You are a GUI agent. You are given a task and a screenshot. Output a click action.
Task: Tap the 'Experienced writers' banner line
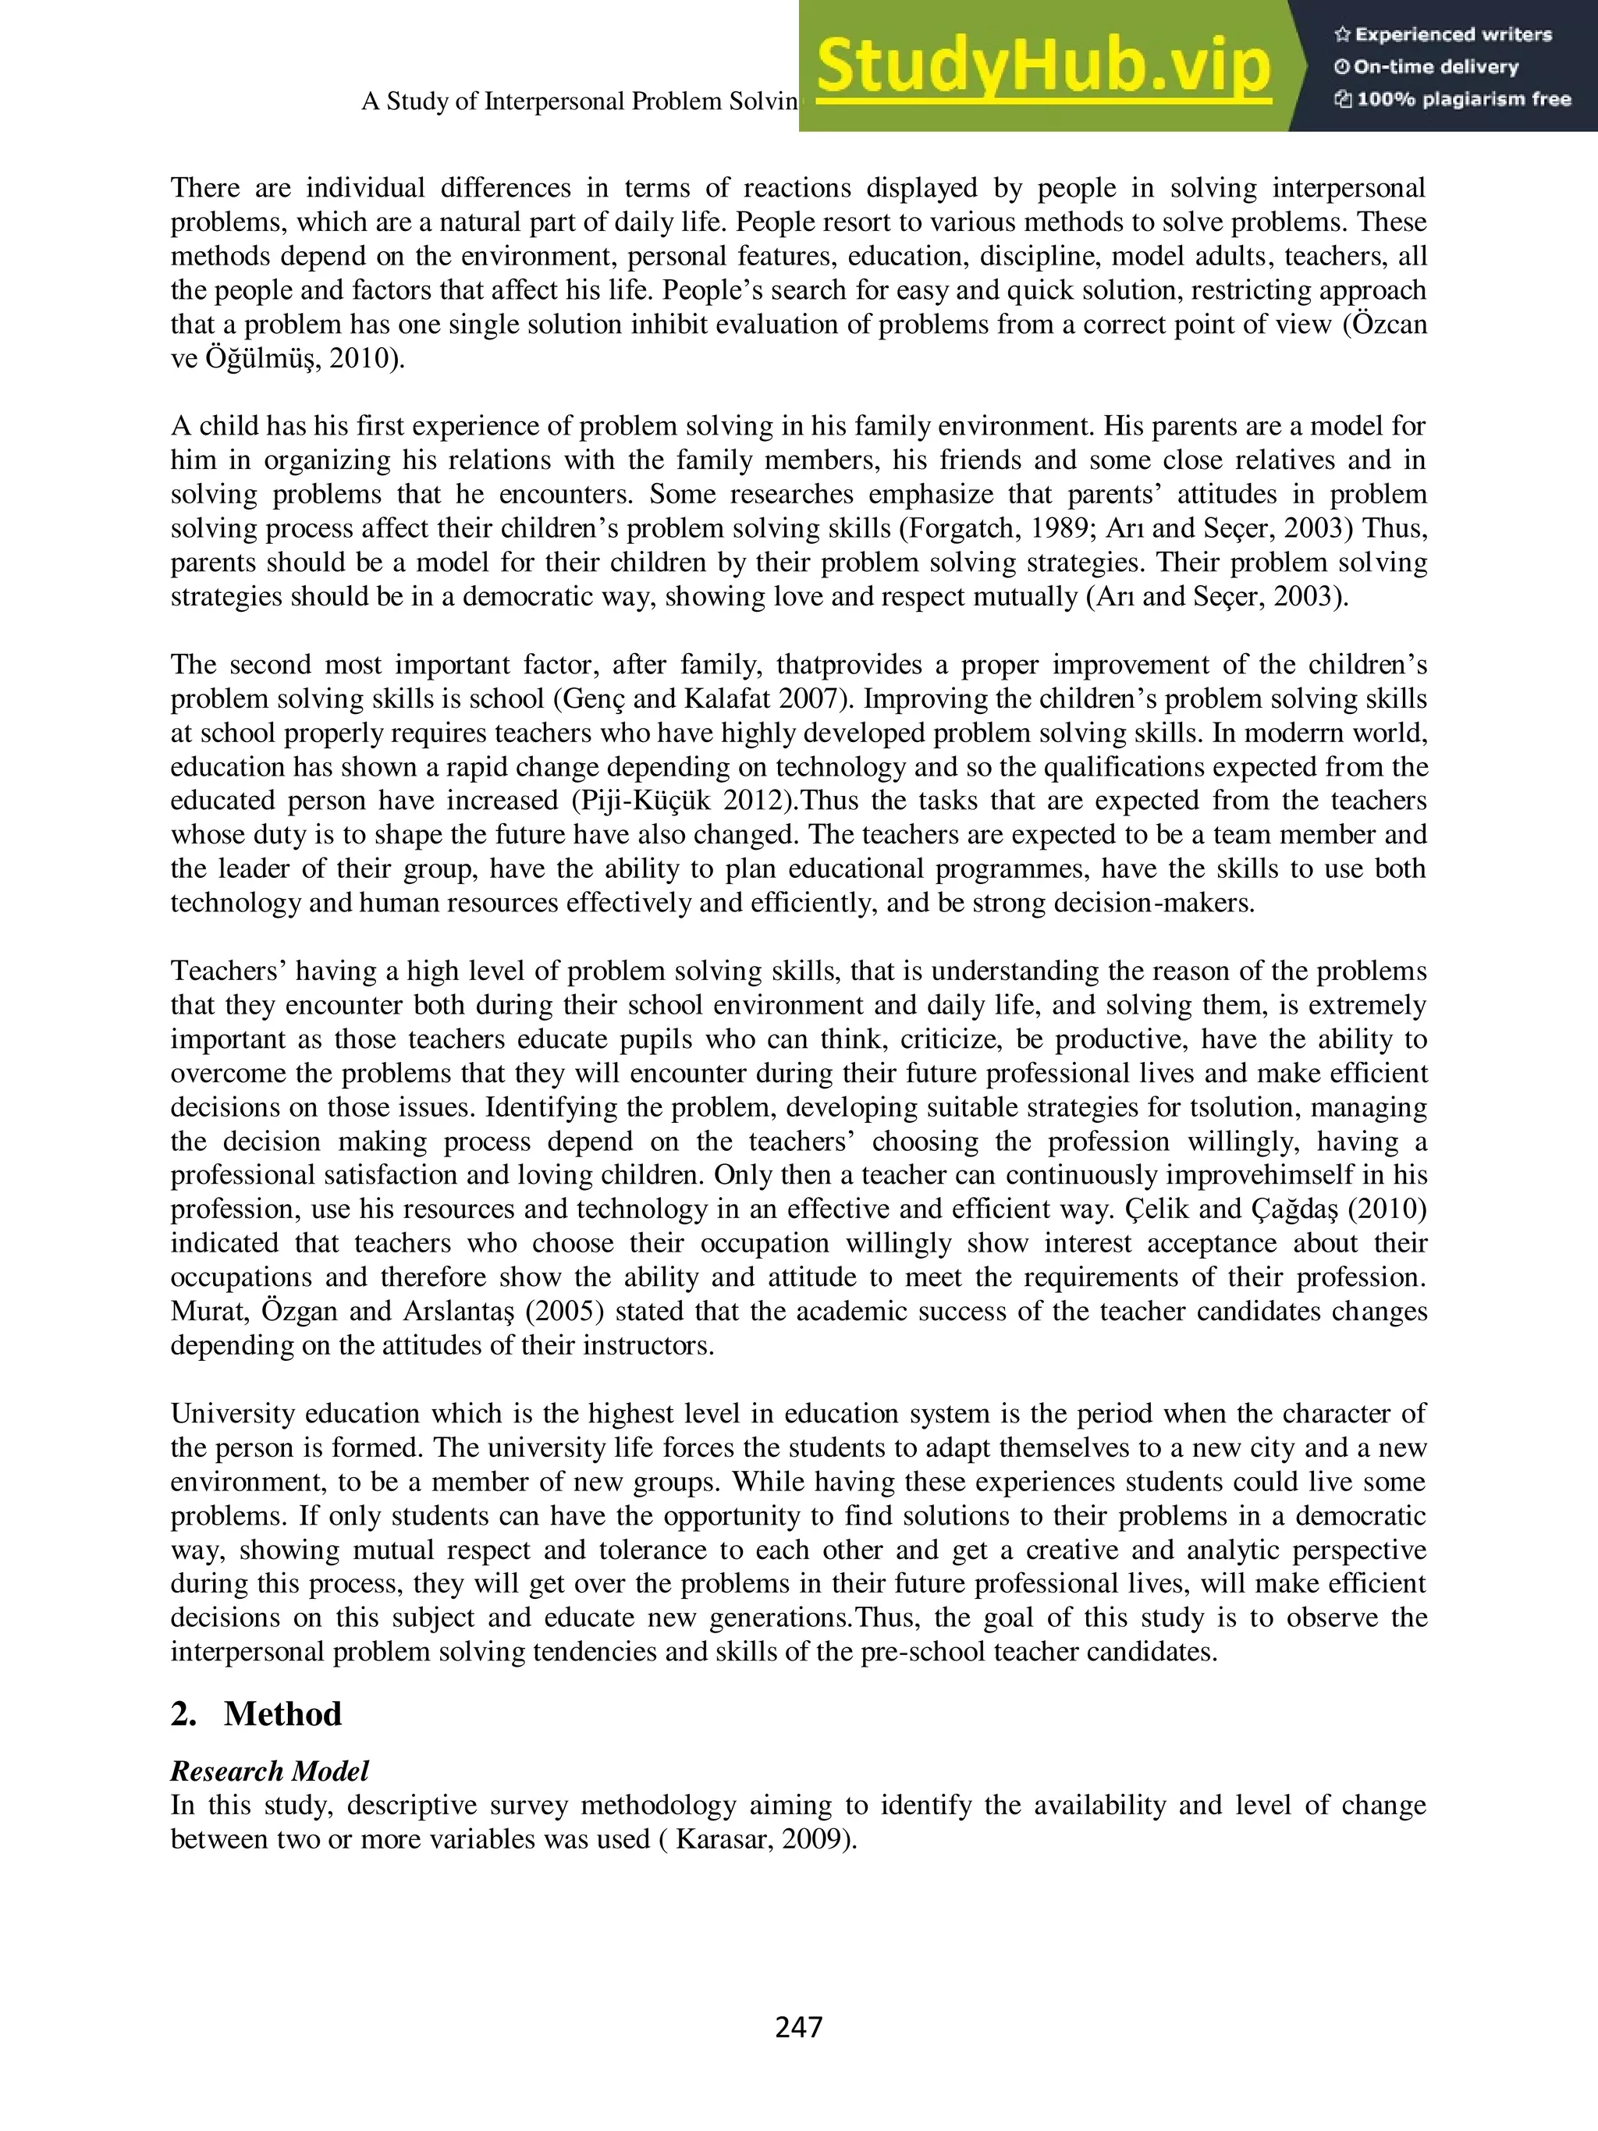(x=1443, y=34)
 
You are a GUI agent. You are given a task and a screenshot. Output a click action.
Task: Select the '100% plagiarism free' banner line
(x=1453, y=99)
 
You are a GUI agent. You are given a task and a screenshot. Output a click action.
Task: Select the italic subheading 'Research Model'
(x=270, y=1771)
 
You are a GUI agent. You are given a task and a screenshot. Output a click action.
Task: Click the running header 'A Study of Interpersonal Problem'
(x=578, y=101)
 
